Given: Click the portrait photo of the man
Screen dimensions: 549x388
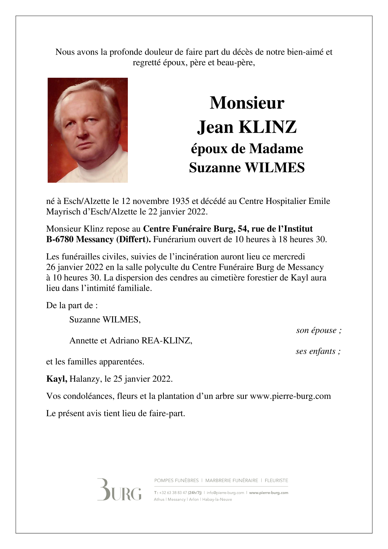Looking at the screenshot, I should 88,130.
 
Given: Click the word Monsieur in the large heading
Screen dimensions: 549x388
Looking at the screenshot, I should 247,103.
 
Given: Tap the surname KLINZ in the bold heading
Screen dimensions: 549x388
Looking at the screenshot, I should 267,127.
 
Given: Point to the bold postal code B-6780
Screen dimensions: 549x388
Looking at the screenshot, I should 60,239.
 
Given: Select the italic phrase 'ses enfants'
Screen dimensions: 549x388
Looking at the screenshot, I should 316,351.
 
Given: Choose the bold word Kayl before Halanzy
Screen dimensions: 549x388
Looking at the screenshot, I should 56,379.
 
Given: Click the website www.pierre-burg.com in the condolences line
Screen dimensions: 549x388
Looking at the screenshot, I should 290,396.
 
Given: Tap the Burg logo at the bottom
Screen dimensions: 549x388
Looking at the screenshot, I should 119,489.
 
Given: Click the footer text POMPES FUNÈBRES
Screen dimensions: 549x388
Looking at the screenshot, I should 176,481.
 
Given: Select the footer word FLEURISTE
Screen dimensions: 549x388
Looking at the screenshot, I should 276,481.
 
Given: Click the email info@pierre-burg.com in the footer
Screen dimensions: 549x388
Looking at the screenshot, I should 225,493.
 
